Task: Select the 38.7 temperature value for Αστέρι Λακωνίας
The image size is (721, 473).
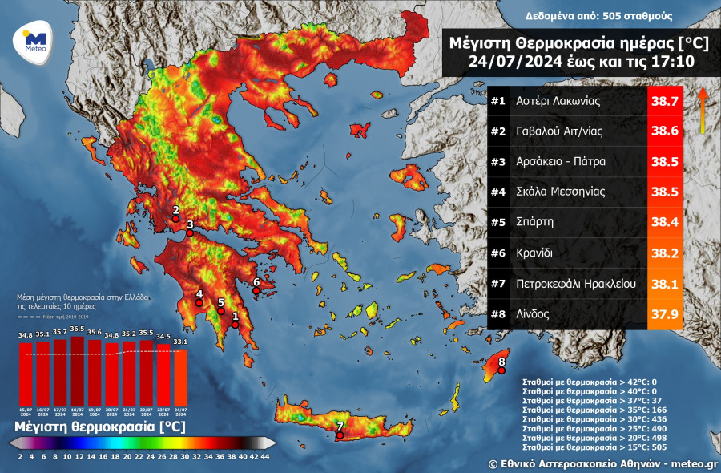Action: tap(664, 102)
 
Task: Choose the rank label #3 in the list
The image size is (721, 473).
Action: tap(498, 162)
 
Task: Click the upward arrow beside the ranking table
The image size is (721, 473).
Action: tap(702, 109)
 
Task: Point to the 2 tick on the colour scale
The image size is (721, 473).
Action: tap(18, 457)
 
